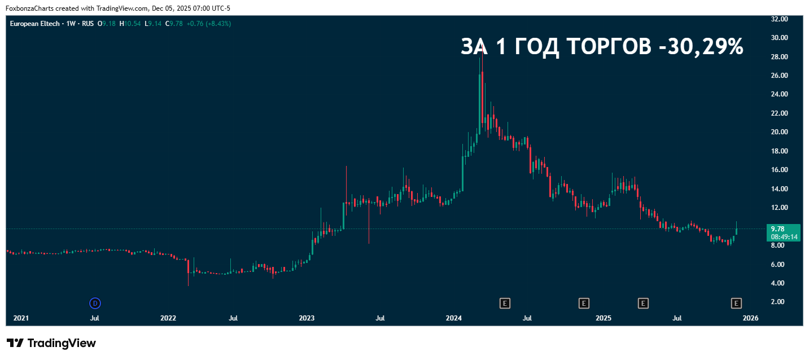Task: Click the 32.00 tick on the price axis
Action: click(779, 19)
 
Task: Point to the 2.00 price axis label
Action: click(778, 302)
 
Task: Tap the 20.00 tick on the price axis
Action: click(779, 132)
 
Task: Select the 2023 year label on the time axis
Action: click(307, 318)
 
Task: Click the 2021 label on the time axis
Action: click(21, 318)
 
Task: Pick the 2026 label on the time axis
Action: click(750, 318)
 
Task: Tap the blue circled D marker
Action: click(95, 304)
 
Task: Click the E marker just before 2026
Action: click(736, 304)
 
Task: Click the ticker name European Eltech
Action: click(34, 24)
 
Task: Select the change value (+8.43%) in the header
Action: click(218, 24)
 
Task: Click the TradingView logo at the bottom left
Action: click(51, 343)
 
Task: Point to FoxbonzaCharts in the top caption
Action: click(29, 8)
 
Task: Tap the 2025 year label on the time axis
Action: click(604, 318)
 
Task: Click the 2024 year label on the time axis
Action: click(454, 318)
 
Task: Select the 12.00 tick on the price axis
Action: click(779, 208)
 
